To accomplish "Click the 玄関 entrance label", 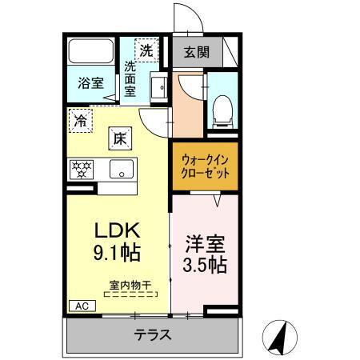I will (196, 54).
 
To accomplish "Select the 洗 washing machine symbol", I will (146, 50).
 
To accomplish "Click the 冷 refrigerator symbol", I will (80, 121).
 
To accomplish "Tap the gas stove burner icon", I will (82, 170).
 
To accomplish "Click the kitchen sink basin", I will (122, 170).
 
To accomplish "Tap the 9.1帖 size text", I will (118, 254).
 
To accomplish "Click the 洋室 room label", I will (205, 241).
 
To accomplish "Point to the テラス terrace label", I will (152, 334).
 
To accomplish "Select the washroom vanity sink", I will (157, 87).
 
